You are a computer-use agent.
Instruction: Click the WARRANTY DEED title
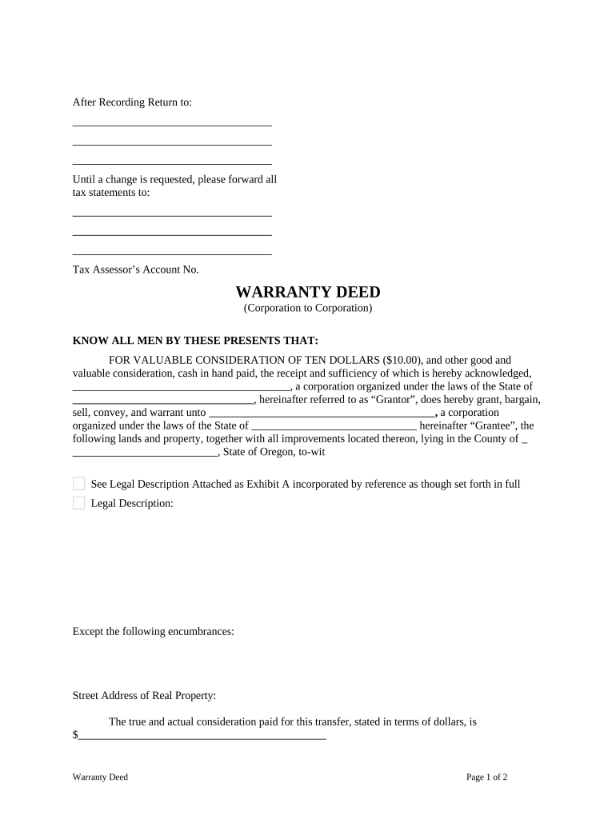coord(308,292)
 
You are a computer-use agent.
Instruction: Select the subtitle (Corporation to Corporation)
coord(308,308)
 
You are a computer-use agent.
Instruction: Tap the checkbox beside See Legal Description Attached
coord(78,484)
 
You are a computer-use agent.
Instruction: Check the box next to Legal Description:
coord(78,503)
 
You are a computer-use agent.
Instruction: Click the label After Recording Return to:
coord(132,102)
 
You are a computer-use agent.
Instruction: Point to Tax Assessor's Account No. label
coord(135,270)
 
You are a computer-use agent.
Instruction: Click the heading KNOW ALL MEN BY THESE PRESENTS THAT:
coord(195,341)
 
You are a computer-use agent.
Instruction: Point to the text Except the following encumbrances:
coord(153,631)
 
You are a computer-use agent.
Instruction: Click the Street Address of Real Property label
coord(144,696)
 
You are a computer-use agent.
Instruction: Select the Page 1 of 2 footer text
coord(487,777)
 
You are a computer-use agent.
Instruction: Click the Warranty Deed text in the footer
coord(100,777)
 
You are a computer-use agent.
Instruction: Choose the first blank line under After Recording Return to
coord(172,125)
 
